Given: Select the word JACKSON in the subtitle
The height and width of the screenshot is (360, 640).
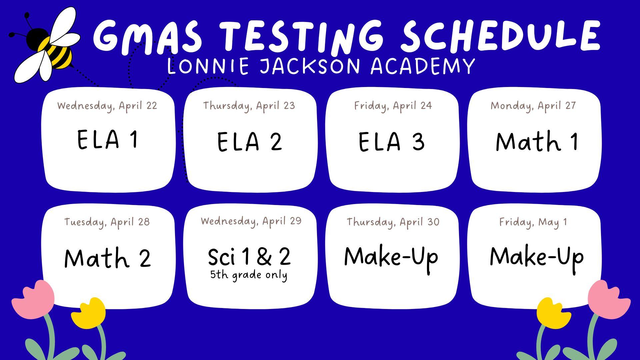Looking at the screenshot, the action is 310,66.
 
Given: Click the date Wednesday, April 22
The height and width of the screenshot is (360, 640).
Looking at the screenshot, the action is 107,106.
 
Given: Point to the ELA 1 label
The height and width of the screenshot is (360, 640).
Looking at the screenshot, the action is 107,139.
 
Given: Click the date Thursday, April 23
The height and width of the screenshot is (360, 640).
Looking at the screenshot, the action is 249,106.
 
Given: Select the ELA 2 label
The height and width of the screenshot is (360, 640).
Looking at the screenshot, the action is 250,142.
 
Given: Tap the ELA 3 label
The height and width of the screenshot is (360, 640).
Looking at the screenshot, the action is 391,142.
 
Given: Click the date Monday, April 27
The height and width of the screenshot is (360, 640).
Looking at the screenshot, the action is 533,106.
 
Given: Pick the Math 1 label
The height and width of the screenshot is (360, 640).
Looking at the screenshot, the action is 537,141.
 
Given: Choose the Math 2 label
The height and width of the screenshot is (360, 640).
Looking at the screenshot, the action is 107,258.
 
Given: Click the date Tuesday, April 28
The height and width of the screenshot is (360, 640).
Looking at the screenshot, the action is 107,222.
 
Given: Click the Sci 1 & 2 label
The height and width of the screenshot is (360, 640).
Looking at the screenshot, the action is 249,257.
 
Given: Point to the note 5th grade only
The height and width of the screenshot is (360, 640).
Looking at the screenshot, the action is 249,275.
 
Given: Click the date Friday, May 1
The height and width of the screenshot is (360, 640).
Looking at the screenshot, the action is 533,222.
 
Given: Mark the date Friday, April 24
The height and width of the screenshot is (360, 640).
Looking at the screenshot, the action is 393,106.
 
